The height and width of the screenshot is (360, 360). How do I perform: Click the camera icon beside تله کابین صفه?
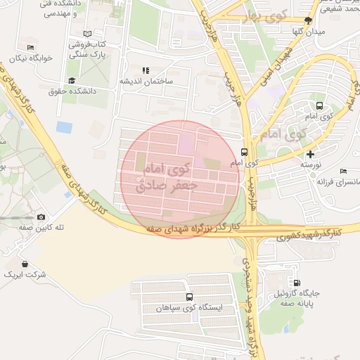click(x=41, y=217)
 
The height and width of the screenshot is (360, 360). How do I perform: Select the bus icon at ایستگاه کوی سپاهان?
click(x=189, y=297)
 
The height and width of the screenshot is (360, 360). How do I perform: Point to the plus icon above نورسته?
click(x=311, y=153)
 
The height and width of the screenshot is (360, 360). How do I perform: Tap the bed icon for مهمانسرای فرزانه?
click(x=343, y=171)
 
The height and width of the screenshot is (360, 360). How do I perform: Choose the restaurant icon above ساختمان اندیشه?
click(x=146, y=70)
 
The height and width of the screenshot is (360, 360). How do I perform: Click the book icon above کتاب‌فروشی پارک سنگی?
click(x=87, y=34)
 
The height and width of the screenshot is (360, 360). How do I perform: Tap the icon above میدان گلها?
click(x=308, y=20)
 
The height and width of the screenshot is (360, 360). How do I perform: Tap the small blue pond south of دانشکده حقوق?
click(x=64, y=127)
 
